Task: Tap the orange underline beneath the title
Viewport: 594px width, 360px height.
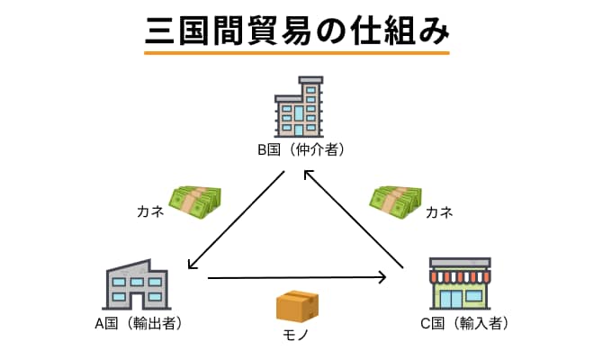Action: click(297, 53)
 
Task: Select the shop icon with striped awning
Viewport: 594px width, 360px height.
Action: click(461, 283)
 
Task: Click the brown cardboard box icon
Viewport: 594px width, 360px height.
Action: click(298, 307)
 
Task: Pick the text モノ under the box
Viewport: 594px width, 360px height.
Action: click(297, 338)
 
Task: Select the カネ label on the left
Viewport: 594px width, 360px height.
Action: click(150, 213)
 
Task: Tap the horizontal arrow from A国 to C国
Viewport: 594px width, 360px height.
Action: click(297, 278)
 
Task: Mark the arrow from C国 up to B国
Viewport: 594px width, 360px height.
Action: click(353, 220)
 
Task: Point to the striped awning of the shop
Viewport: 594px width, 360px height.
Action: click(461, 269)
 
